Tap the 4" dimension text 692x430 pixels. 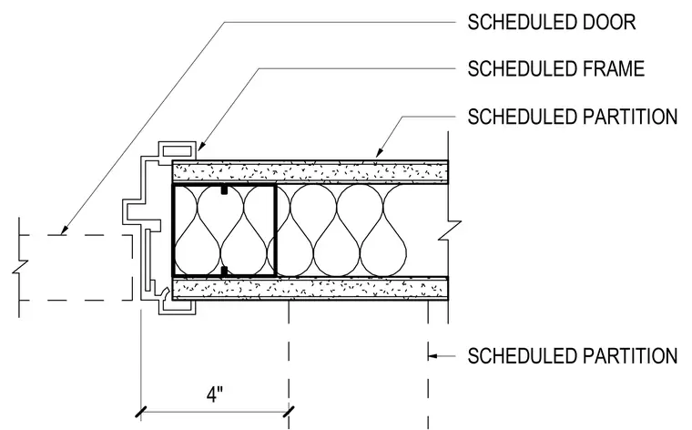(215, 394)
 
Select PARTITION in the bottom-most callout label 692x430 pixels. (630, 356)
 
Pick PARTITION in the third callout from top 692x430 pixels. (630, 117)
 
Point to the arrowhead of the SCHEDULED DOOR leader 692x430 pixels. (64, 230)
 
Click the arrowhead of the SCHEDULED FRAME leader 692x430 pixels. (200, 146)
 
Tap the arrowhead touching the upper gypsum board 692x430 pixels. (378, 153)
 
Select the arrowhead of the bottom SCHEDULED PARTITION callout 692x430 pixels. (432, 356)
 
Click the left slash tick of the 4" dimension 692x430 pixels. (141, 412)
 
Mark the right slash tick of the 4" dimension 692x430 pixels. (289, 412)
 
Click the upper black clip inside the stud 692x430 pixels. (224, 189)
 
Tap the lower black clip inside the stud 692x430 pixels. (224, 271)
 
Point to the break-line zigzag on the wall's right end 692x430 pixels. (449, 230)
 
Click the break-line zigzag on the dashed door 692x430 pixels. (19, 267)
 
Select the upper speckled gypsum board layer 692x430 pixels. (310, 171)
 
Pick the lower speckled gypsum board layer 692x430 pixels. (310, 289)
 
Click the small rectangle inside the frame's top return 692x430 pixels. (177, 151)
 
